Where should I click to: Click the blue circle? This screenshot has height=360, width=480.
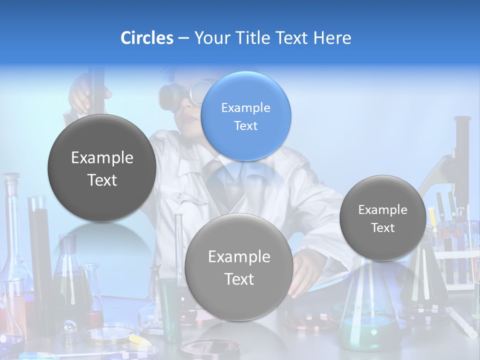click(245, 116)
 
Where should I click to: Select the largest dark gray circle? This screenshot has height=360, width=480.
click(102, 168)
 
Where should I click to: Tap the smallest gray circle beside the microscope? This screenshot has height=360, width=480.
click(383, 218)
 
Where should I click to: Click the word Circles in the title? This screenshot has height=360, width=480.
click(147, 38)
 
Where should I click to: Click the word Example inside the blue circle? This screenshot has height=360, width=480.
click(245, 107)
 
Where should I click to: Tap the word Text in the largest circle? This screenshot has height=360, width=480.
click(102, 180)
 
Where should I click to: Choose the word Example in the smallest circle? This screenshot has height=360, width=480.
click(383, 210)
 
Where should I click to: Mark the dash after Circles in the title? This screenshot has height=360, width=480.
click(183, 38)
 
